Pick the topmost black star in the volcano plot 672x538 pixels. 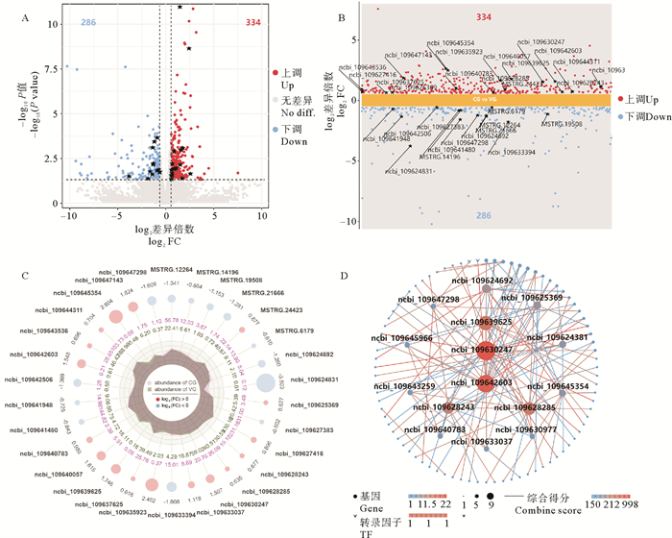[x=180, y=8]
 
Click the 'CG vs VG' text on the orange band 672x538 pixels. [x=484, y=98]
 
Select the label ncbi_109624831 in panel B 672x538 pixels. [x=410, y=172]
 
